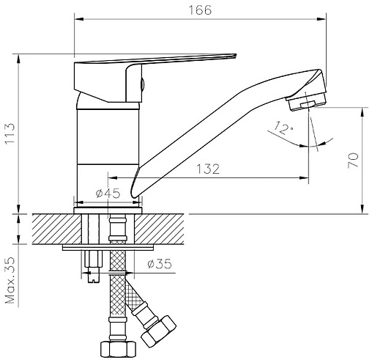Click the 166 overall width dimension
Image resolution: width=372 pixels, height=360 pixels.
coord(200,10)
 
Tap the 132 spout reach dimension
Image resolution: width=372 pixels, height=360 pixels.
coord(208,169)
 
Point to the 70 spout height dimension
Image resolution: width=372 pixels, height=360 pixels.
coord(353,161)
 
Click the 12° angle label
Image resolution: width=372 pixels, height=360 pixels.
coord(283,128)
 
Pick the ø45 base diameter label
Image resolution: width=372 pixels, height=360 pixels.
coord(108,194)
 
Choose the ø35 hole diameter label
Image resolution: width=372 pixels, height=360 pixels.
coord(160,264)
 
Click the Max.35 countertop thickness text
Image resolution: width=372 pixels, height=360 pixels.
coord(10,280)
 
